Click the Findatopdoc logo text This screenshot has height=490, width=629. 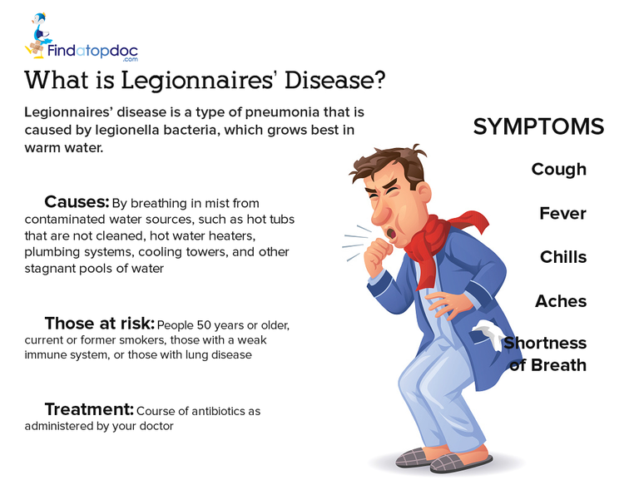92,52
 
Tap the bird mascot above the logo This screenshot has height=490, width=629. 38,35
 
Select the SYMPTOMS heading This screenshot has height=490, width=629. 538,126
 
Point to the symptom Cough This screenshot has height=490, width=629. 559,170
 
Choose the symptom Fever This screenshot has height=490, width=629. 562,213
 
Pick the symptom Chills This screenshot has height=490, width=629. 563,257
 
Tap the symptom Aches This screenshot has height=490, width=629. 561,301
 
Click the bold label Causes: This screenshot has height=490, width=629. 77,201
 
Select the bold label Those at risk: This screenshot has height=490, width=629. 100,323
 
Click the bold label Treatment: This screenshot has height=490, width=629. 89,409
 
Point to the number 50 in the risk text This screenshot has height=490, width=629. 203,325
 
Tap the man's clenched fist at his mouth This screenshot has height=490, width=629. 378,255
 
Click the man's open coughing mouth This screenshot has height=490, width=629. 390,234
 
